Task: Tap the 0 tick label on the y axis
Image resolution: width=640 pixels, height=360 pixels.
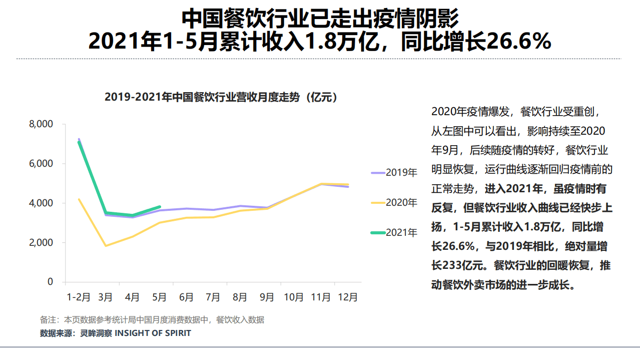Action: pyautogui.click(x=50, y=282)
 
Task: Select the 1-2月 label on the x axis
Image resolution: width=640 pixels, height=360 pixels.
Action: pyautogui.click(x=79, y=297)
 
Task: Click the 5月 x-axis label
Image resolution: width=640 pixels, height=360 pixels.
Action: pyautogui.click(x=159, y=297)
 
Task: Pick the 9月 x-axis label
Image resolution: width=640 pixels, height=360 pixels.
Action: pyautogui.click(x=267, y=297)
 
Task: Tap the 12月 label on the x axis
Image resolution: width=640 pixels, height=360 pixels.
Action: pyautogui.click(x=347, y=297)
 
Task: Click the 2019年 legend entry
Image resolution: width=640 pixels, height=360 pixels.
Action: pyautogui.click(x=394, y=173)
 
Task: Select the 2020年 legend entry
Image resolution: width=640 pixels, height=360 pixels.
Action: pyautogui.click(x=394, y=203)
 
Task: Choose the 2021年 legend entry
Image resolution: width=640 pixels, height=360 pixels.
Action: pyautogui.click(x=394, y=233)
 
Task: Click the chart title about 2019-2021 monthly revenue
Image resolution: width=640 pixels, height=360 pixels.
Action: pyautogui.click(x=221, y=97)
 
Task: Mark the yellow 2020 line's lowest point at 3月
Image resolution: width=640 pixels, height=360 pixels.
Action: pyautogui.click(x=106, y=246)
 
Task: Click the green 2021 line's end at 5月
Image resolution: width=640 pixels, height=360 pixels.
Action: pyautogui.click(x=160, y=206)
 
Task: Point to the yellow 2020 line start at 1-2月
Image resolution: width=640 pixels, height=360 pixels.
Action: pyautogui.click(x=79, y=199)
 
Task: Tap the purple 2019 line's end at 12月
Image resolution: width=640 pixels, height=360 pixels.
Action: pyautogui.click(x=348, y=187)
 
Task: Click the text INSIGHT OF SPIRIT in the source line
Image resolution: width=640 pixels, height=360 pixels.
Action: pyautogui.click(x=153, y=333)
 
